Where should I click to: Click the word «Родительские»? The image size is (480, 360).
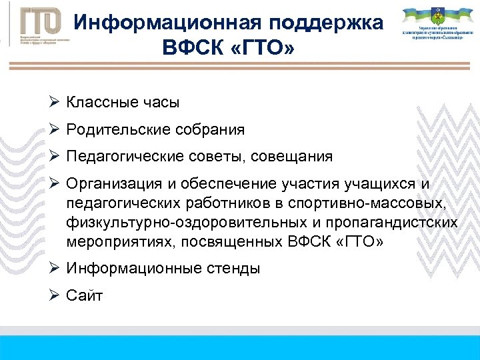(x=114, y=130)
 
